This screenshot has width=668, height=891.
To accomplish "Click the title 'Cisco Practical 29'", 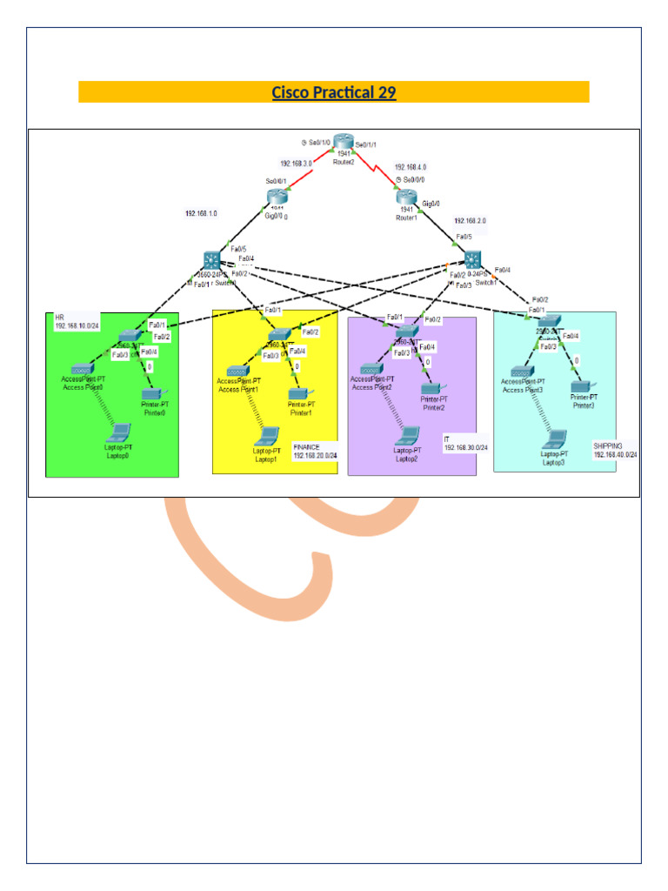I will click(334, 92).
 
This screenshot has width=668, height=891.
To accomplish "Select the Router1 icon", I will click(407, 199).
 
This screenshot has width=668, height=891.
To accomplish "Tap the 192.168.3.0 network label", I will click(297, 163).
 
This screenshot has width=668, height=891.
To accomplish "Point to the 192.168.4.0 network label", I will click(411, 166).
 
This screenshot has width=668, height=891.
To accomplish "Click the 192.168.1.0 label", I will click(201, 212).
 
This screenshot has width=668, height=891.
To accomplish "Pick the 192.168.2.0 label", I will click(471, 222).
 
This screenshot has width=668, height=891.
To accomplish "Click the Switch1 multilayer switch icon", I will click(472, 259).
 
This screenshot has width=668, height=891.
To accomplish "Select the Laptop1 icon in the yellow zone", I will click(266, 436).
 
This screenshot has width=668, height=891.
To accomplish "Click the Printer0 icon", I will click(154, 394).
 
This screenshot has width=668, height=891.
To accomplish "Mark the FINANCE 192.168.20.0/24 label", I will click(315, 451).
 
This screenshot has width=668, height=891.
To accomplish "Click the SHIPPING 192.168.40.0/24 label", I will click(615, 450).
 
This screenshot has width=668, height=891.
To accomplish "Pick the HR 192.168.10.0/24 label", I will click(77, 323).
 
